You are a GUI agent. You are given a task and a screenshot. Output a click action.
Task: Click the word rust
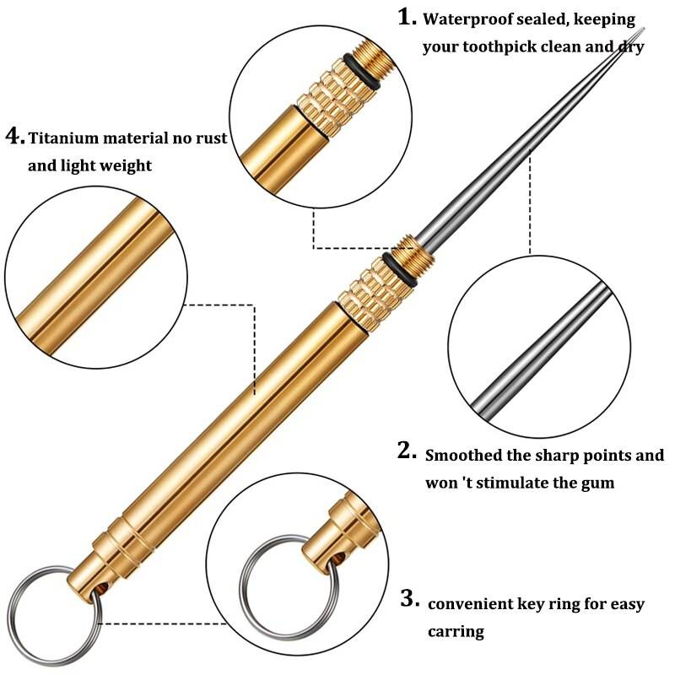[208, 138]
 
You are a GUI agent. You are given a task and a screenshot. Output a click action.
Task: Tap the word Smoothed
[467, 456]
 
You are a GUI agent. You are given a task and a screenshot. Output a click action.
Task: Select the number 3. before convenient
[409, 600]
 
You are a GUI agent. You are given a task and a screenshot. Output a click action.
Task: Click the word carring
[456, 631]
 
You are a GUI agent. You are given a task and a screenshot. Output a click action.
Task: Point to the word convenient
[474, 604]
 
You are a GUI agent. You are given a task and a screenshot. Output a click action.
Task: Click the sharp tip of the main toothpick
[643, 31]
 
